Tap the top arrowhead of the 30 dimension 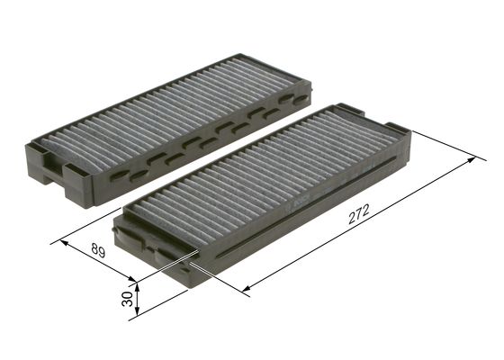[x=139, y=280]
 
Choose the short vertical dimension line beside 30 [x=139, y=300]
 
